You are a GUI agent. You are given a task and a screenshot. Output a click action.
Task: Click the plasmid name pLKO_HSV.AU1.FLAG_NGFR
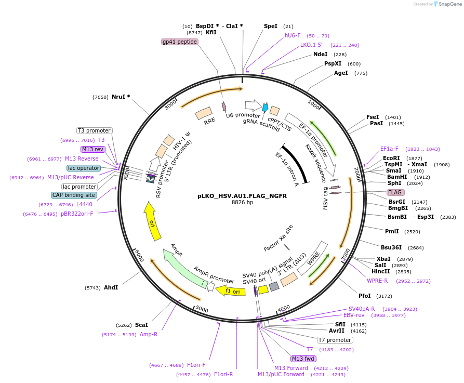[242, 196]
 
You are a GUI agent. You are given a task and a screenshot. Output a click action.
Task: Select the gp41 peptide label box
[180, 42]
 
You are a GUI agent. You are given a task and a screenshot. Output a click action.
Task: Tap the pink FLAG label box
[394, 192]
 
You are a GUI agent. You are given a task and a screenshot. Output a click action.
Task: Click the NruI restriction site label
[121, 97]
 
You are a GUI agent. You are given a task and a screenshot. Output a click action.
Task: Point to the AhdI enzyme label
[111, 287]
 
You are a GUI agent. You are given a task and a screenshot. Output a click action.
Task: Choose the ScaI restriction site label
[141, 325]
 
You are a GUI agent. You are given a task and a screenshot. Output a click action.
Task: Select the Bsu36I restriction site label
[391, 247]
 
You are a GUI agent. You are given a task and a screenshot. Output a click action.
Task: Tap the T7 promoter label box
[335, 340]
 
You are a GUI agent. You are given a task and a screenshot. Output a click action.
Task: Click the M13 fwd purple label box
[304, 359]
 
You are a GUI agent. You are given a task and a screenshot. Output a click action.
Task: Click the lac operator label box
[84, 168]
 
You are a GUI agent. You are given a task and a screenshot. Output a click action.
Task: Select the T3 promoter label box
[94, 130]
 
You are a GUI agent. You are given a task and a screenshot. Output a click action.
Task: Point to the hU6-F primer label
[293, 35]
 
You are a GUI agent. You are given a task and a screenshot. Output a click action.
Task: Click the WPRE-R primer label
[377, 281]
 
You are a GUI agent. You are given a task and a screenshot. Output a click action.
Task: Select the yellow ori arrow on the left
[152, 221]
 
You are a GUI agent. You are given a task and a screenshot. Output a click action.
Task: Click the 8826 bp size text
[242, 203]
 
